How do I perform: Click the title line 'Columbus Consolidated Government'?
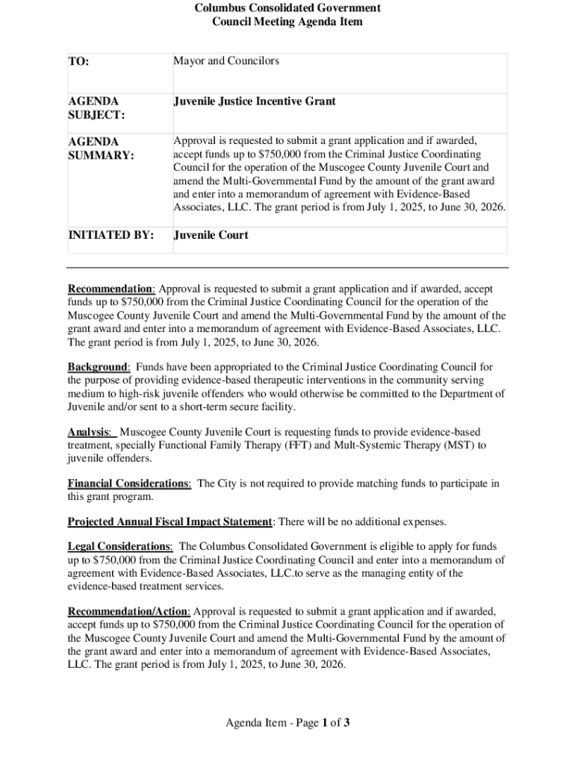click(x=287, y=8)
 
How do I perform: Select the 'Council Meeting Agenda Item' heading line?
click(x=287, y=22)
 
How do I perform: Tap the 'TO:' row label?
click(x=78, y=62)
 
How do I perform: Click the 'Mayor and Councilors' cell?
click(x=226, y=61)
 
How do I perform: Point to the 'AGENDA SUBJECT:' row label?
click(x=96, y=108)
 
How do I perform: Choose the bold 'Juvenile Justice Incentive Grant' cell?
click(x=255, y=101)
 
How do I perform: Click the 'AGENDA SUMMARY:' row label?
click(x=101, y=148)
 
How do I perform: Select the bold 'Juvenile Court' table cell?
click(x=211, y=236)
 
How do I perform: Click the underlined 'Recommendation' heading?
click(x=111, y=289)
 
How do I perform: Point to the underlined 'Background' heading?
click(x=98, y=367)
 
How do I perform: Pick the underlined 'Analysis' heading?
click(x=90, y=433)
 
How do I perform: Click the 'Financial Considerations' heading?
click(x=128, y=483)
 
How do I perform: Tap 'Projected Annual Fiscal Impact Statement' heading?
click(x=170, y=522)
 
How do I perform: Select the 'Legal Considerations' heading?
click(x=119, y=547)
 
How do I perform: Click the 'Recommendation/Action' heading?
click(x=128, y=612)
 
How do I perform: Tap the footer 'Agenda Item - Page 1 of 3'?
click(x=287, y=722)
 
